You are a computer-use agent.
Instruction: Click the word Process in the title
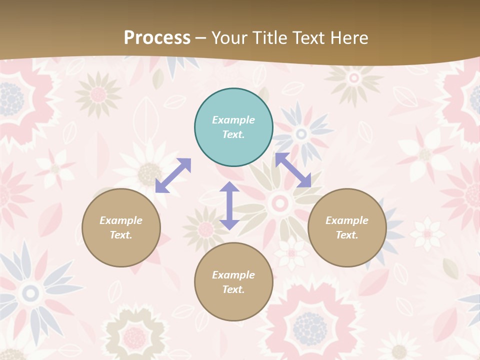157,38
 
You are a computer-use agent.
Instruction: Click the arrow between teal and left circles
173,175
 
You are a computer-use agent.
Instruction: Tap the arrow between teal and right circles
293,170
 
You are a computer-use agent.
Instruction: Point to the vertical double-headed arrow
229,205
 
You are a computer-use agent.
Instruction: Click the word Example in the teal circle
233,120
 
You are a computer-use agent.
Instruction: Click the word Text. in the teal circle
233,134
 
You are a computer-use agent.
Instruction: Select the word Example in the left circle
121,220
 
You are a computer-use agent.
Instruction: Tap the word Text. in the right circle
347,235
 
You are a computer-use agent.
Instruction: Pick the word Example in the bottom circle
233,275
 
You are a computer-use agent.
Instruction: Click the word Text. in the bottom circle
233,289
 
